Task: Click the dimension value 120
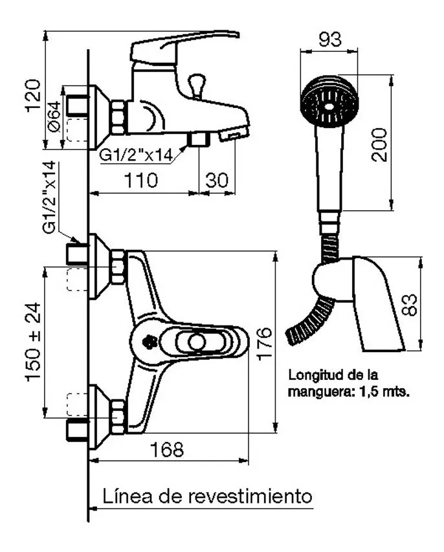click(34, 96)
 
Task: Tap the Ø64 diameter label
click(54, 116)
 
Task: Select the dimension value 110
click(141, 181)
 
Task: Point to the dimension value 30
click(217, 181)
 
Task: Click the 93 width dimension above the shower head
click(330, 39)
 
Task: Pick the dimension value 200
click(379, 145)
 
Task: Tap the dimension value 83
click(409, 305)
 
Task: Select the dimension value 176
click(265, 344)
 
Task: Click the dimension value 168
click(167, 449)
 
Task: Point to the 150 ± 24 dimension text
click(33, 342)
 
